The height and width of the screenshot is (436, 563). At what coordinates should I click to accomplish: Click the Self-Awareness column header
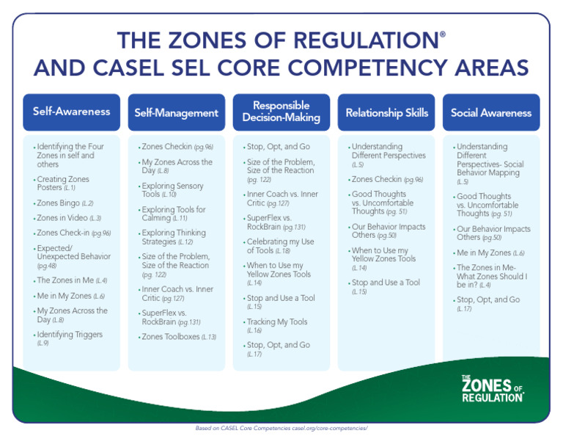[x=71, y=112]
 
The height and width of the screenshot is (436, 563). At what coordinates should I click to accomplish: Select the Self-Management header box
[x=176, y=113]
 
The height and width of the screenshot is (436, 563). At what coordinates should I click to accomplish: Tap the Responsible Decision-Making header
[x=281, y=112]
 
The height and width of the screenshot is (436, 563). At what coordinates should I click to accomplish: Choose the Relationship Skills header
[x=386, y=113]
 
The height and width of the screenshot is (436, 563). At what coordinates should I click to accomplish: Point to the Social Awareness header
[x=491, y=113]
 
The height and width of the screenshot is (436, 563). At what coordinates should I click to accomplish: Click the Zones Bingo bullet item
[x=65, y=203]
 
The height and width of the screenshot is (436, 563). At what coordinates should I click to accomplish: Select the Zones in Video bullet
[x=69, y=218]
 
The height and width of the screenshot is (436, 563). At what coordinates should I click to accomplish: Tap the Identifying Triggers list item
[x=70, y=338]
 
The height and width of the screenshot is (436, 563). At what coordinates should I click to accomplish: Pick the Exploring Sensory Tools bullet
[x=174, y=190]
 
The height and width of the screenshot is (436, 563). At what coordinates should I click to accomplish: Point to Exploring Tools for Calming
[x=174, y=214]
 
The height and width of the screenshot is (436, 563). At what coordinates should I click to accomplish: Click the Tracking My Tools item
[x=277, y=326]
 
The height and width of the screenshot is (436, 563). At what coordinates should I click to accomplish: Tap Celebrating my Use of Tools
[x=280, y=246]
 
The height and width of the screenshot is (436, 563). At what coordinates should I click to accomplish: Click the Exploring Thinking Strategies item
[x=174, y=237]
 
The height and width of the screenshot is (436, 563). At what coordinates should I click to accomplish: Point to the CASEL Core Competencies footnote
[x=281, y=427]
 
